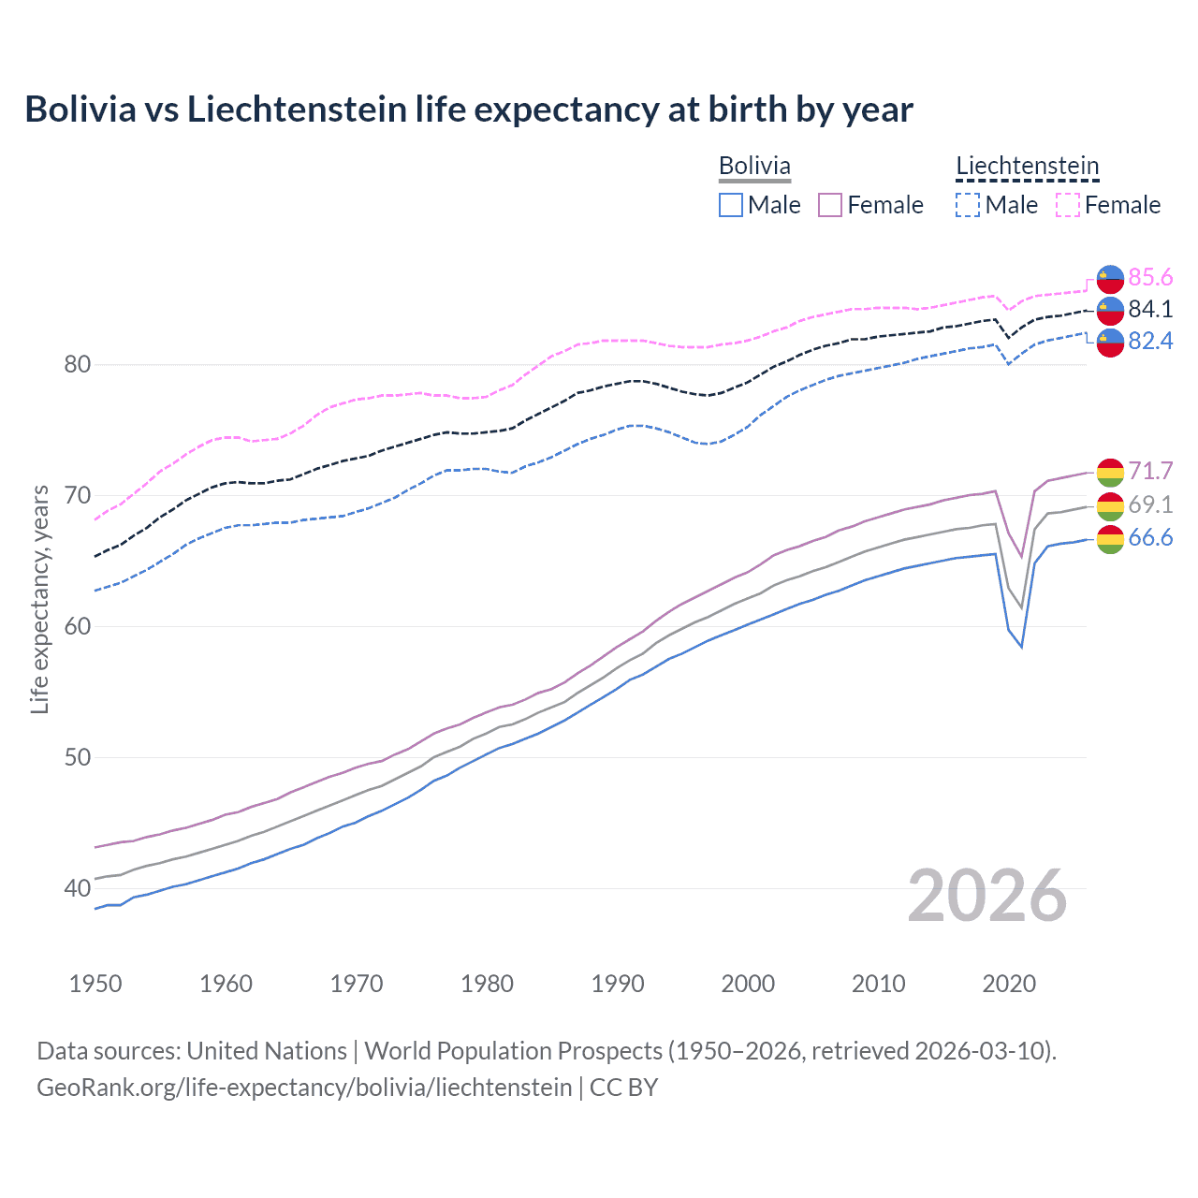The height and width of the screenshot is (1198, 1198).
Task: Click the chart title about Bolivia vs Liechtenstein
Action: tap(468, 110)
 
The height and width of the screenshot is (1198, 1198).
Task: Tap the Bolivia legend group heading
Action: tap(754, 166)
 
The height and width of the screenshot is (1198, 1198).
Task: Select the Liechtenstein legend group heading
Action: tap(1027, 166)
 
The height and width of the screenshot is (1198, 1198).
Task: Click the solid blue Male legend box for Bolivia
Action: tap(731, 205)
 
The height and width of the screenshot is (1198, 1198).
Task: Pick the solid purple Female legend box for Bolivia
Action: tap(830, 205)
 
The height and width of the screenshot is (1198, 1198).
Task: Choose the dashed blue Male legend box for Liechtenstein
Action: tap(968, 205)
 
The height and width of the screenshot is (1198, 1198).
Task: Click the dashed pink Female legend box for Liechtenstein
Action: tap(1068, 205)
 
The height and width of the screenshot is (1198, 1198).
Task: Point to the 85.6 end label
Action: tap(1150, 277)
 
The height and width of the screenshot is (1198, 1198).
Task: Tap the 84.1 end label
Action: tap(1150, 309)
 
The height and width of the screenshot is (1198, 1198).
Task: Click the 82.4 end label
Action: tap(1150, 341)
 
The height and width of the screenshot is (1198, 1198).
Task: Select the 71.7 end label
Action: tap(1150, 471)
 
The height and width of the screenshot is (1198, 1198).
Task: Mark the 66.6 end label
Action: tap(1150, 537)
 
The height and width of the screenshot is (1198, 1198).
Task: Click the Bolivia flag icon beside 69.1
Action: tap(1110, 505)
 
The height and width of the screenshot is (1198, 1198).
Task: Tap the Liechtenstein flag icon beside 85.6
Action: tap(1110, 278)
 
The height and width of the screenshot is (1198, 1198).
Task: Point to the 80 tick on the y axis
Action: tap(77, 364)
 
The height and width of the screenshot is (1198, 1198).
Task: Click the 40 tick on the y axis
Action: tap(77, 888)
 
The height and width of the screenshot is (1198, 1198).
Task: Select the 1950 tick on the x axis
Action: tap(95, 984)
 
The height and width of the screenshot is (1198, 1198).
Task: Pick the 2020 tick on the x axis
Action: tap(1009, 984)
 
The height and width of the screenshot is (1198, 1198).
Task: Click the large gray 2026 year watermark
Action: tap(986, 896)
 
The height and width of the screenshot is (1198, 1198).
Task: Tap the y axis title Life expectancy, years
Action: tap(39, 599)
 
